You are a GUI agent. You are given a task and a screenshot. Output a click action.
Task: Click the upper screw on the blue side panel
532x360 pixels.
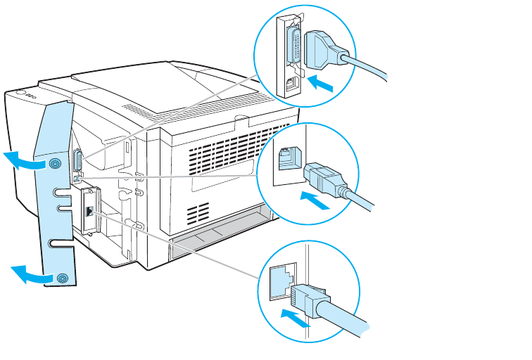[54, 164]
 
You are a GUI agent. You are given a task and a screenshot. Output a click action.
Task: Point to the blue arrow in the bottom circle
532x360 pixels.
[295, 317]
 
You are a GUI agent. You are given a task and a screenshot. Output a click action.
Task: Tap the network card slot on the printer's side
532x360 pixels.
[89, 209]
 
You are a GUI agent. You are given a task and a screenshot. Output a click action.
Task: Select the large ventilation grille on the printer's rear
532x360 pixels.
[210, 154]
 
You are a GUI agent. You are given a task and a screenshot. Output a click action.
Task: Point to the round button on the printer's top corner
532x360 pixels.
[19, 92]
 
